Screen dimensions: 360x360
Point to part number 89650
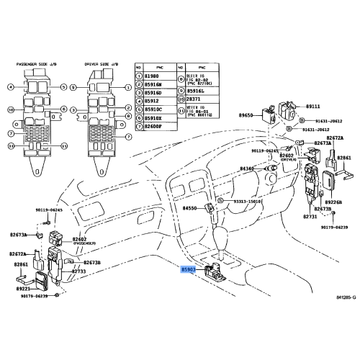[247, 115]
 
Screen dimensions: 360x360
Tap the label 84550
[189, 207]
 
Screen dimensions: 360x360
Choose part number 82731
[310, 216]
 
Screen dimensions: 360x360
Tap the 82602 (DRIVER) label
[287, 156]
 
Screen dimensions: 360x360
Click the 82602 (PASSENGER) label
[79, 240]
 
